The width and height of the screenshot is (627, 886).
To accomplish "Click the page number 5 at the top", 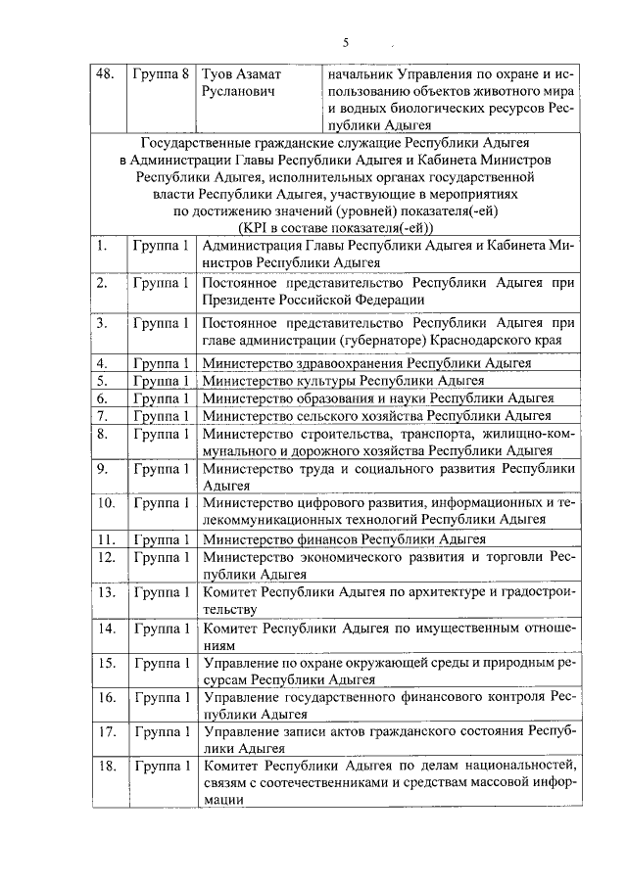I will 345,43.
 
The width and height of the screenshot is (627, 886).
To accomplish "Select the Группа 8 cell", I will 159,74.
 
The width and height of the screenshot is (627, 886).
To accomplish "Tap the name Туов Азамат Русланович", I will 242,82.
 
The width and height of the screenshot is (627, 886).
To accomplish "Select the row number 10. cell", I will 107,503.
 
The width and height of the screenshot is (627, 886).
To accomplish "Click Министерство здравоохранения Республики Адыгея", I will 366,363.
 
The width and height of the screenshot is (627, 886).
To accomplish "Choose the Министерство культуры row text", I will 344,381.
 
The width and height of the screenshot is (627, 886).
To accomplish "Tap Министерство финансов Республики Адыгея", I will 344,538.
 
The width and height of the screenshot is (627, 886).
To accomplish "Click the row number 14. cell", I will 107,628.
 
